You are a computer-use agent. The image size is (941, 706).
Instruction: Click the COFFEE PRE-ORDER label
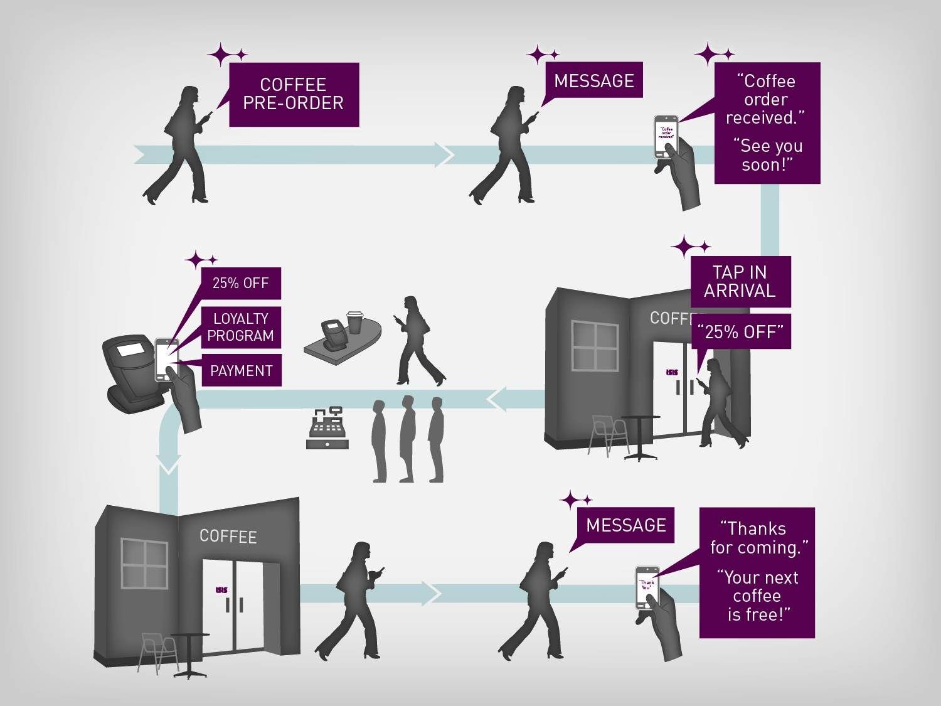tap(294, 94)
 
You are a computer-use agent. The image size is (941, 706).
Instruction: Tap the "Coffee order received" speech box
tap(767, 122)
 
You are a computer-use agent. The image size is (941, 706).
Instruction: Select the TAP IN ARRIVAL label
tap(740, 282)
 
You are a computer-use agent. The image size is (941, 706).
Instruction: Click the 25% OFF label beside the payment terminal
tap(241, 283)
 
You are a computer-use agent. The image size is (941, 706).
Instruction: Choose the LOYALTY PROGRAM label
tap(241, 327)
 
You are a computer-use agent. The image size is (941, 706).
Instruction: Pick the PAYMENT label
tap(242, 371)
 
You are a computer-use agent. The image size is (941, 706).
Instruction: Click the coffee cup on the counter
tap(355, 321)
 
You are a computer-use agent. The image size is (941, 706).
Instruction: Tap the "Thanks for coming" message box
tap(757, 572)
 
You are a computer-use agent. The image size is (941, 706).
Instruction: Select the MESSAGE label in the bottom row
tap(626, 525)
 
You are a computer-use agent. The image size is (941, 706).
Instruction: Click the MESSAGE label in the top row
tap(594, 80)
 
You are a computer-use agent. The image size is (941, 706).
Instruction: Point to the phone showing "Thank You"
tap(647, 587)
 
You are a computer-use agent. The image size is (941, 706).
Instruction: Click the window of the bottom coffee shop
tap(144, 563)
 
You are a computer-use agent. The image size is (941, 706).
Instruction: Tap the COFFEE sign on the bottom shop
tap(228, 536)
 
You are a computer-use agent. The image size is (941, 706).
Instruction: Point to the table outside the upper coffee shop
tap(640, 436)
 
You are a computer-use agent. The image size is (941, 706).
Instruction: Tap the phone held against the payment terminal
tap(166, 360)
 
